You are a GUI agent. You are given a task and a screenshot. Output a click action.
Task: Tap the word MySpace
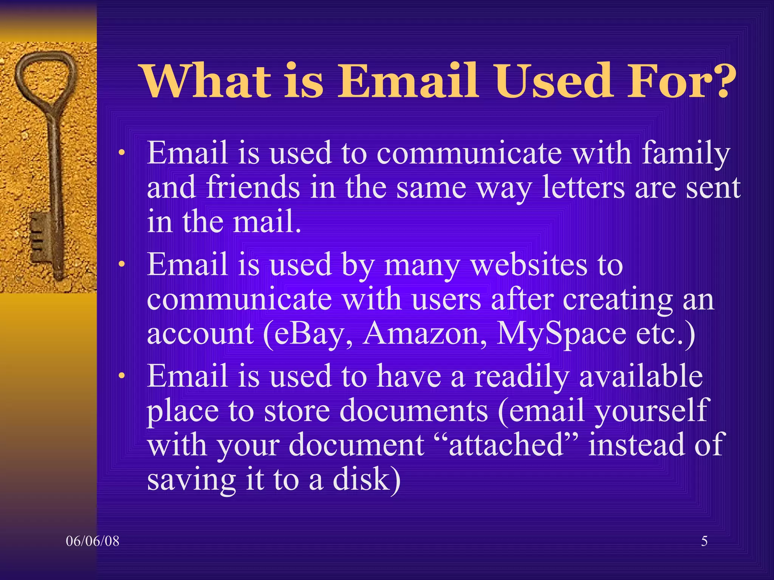561,334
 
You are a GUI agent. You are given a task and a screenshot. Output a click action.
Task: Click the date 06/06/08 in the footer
93,541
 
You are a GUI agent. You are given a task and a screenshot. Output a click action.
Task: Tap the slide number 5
704,541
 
